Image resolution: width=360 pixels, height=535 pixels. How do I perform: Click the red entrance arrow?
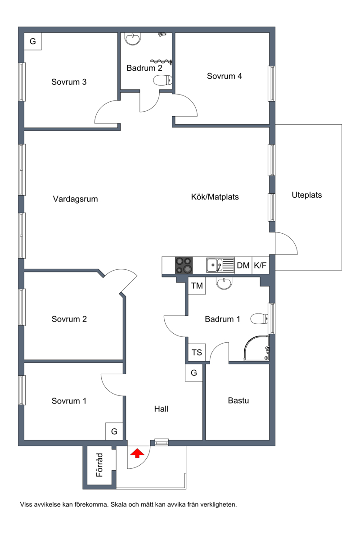[x=137, y=453]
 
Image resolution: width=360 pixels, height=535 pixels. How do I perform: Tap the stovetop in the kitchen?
[x=184, y=265]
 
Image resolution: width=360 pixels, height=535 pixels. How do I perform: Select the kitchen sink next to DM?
[x=220, y=265]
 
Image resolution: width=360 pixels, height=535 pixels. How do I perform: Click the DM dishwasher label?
[x=243, y=265]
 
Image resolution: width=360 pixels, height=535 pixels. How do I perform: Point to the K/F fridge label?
[x=260, y=265]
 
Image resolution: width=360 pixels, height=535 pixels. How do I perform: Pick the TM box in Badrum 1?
[x=197, y=286]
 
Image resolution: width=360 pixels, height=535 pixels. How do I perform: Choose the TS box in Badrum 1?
[x=197, y=352]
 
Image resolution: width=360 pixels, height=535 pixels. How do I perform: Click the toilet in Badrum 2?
[x=163, y=81]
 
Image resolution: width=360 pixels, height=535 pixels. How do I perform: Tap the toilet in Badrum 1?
[x=260, y=319]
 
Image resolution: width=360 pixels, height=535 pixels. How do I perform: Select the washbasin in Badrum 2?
[x=133, y=39]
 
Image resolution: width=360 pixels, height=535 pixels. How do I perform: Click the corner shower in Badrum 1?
[x=256, y=348]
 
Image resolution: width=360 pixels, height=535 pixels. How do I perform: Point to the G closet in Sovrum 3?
[x=33, y=41]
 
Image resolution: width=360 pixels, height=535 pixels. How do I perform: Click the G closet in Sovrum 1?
[x=114, y=431]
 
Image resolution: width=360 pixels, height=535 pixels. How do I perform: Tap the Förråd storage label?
[x=99, y=465]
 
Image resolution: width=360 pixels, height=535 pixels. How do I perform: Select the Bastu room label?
[x=238, y=400]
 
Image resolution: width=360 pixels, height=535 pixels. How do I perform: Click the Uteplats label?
[x=307, y=195]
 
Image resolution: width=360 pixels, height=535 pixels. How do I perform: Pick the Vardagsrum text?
[x=75, y=199]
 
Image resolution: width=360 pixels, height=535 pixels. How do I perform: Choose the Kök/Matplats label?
[x=215, y=197]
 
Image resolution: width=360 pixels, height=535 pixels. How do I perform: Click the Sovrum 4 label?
[x=224, y=76]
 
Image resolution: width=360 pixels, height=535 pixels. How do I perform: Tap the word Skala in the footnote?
[x=118, y=504]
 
